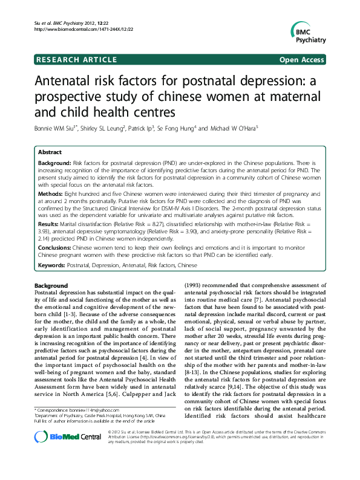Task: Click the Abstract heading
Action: pos(50,153)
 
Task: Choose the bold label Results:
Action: pos(49,224)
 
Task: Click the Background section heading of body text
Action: pos(51,285)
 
